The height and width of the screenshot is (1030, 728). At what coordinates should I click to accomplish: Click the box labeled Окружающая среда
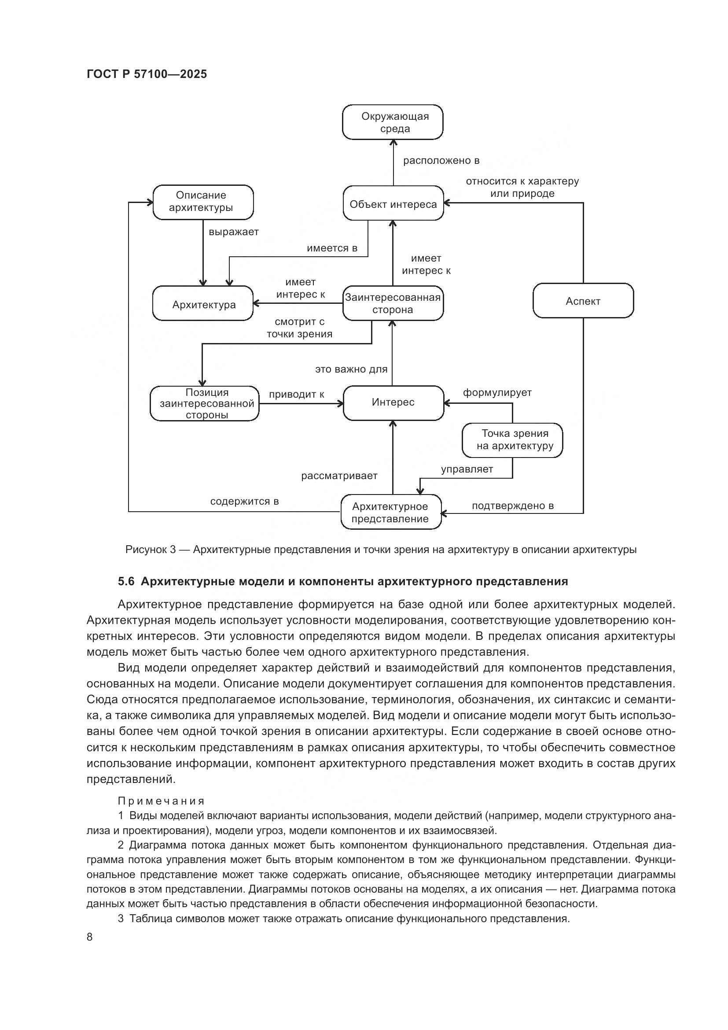(393, 122)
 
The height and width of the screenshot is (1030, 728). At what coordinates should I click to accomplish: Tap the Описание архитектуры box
(203, 202)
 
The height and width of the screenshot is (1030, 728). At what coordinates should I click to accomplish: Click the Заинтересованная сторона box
(393, 304)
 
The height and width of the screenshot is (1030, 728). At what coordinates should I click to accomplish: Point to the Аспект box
(583, 301)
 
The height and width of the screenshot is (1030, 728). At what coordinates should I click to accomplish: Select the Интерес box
(393, 402)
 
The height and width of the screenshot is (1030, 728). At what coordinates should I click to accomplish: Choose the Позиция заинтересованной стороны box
(205, 403)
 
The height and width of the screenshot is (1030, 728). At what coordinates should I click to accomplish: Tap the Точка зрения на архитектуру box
(512, 440)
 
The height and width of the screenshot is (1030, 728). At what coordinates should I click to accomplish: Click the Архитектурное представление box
(390, 512)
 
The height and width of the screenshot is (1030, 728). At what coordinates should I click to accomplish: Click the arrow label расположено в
(441, 161)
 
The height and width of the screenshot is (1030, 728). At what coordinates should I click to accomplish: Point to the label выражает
(234, 232)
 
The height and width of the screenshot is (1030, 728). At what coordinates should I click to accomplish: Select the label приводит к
(296, 395)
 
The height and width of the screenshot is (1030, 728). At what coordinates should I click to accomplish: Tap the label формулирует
(497, 393)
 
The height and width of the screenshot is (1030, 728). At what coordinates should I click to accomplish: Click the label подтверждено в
(512, 506)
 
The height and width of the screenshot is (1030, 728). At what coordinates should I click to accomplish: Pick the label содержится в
(244, 502)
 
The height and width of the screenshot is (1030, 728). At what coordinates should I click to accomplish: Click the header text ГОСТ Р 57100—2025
(147, 74)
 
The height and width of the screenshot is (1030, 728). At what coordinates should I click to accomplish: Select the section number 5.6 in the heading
(126, 582)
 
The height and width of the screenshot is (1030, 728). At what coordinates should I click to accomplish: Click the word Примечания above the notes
(161, 801)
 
